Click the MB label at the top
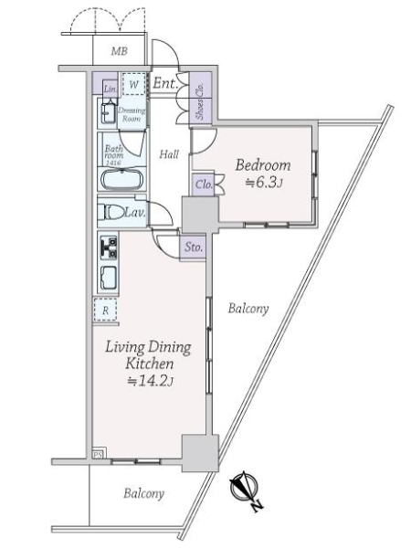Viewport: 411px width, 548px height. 119,52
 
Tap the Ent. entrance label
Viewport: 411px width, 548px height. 164,84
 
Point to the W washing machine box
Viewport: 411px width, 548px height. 133,85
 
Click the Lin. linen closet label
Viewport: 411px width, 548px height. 110,89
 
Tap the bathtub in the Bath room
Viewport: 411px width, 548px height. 122,178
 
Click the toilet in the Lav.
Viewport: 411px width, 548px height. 114,212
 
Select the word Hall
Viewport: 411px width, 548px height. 168,154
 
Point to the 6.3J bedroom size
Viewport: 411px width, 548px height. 267,184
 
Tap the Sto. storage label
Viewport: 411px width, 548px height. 194,247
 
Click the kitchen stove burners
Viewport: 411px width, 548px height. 108,247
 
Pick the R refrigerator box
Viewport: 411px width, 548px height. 106,310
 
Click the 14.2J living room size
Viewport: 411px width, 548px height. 151,380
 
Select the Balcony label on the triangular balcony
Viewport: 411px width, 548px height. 248,309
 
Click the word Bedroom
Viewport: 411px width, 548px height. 262,165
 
